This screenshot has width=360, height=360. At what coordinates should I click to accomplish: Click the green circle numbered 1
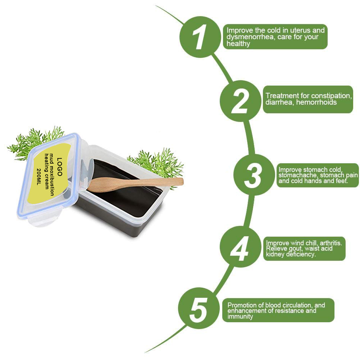[x=200, y=37]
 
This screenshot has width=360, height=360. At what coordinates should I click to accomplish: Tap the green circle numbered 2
[x=240, y=101]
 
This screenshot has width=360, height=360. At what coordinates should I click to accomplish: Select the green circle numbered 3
[x=254, y=175]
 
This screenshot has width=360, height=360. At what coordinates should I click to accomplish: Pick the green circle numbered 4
[x=240, y=248]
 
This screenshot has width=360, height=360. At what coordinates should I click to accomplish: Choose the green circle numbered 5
[x=199, y=308]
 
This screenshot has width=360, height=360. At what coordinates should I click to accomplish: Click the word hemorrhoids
[x=316, y=102]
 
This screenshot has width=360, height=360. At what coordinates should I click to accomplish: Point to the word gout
[x=295, y=249]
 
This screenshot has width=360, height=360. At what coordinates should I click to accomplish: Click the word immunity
[x=240, y=316]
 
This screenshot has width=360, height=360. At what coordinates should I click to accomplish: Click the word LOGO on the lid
[x=59, y=167]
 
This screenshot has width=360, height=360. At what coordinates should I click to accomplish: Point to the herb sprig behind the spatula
[x=158, y=164]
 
